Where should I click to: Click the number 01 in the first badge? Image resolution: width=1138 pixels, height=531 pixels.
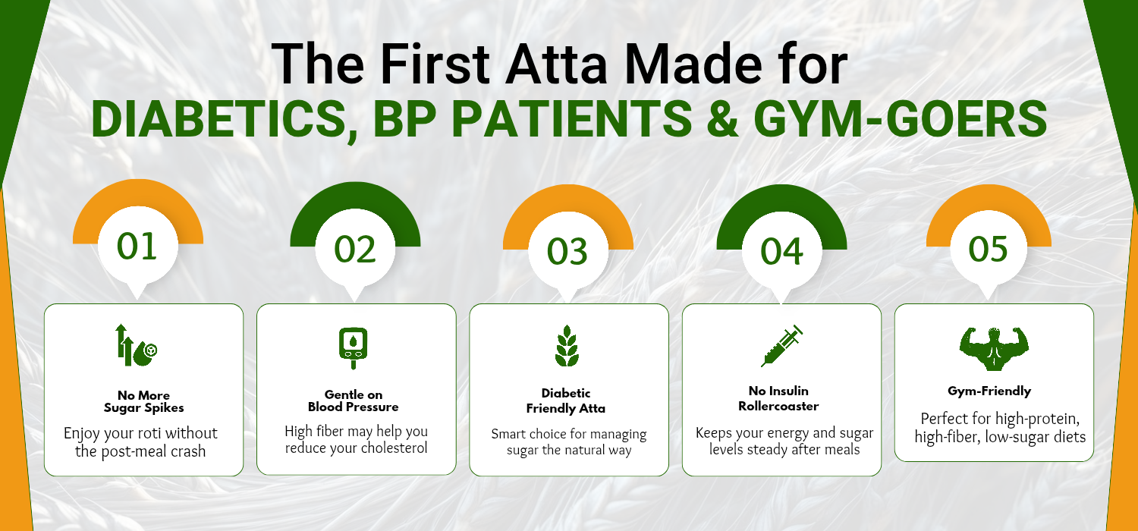(x=137, y=247)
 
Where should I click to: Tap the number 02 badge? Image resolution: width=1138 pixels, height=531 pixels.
(x=355, y=250)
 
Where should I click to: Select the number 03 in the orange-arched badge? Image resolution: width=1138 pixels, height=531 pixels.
(x=567, y=252)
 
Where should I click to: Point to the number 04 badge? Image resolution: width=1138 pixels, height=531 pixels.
(x=782, y=252)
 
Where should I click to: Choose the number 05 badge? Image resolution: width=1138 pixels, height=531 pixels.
(x=988, y=250)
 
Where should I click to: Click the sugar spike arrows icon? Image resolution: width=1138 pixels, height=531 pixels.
(x=136, y=346)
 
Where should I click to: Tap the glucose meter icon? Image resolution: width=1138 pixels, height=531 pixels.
(x=353, y=348)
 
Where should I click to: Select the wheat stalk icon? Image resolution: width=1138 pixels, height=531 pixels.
(x=567, y=346)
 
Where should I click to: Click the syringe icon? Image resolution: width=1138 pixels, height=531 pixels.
(x=782, y=346)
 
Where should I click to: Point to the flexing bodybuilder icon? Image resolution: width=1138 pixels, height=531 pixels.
(x=994, y=349)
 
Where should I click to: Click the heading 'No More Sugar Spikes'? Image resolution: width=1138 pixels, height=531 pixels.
(x=144, y=401)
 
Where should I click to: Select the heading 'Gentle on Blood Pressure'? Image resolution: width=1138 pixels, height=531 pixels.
(x=353, y=401)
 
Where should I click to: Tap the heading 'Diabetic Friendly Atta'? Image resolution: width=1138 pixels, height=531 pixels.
(x=566, y=401)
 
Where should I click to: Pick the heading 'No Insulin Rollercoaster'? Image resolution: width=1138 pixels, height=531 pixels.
(x=778, y=399)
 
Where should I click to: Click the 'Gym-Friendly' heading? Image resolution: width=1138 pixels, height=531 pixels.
(x=989, y=391)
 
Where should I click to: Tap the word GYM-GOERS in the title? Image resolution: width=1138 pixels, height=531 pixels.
(x=901, y=118)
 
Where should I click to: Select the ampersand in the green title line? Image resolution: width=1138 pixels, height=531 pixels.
(x=722, y=118)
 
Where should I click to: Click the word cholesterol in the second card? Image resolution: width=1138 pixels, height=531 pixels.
(x=394, y=448)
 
